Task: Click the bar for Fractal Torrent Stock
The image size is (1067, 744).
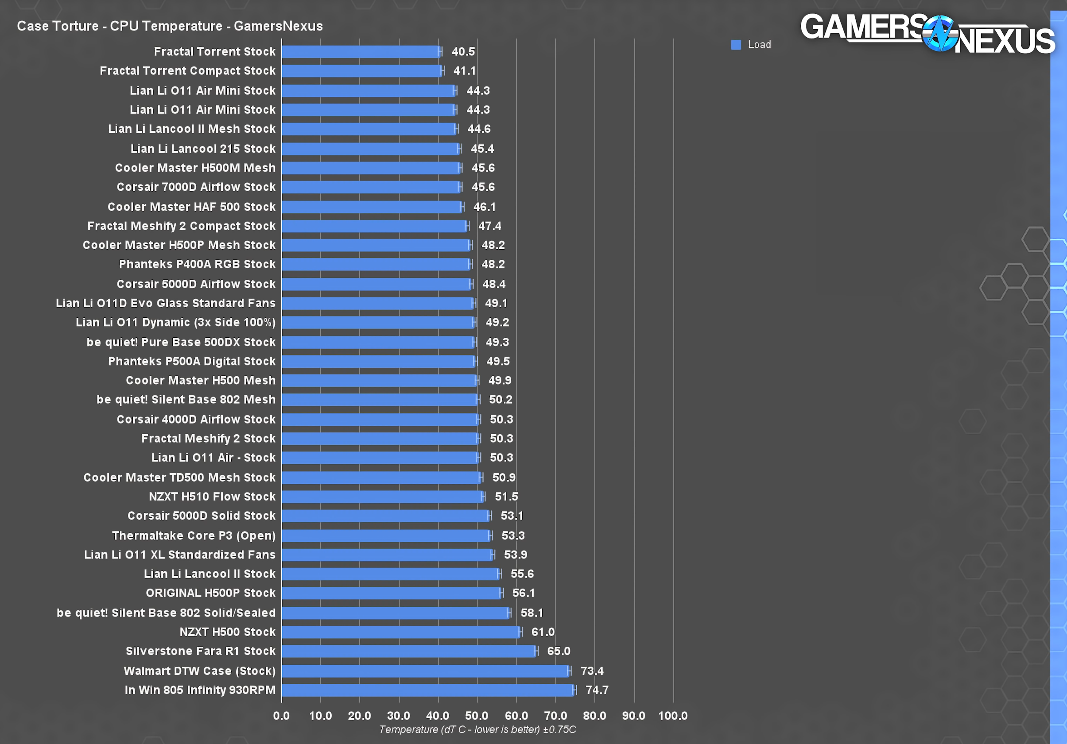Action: click(360, 51)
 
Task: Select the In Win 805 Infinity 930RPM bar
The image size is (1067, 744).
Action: click(427, 690)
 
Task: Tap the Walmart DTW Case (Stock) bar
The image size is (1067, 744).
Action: click(425, 671)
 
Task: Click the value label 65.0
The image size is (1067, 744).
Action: click(558, 651)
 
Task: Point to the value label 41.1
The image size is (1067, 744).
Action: click(464, 71)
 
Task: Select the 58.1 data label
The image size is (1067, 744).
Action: click(532, 613)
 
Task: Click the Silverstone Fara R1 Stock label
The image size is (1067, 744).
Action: click(200, 651)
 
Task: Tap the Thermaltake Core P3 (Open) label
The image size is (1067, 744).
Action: click(194, 536)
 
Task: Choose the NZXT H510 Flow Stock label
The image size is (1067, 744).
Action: click(212, 497)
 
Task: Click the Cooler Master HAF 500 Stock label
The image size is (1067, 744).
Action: click(191, 207)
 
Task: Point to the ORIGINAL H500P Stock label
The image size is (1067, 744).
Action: click(210, 593)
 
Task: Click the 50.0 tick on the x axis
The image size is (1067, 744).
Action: click(477, 716)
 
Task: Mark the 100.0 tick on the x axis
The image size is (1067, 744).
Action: click(672, 716)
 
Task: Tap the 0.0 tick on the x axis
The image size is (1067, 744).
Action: click(281, 716)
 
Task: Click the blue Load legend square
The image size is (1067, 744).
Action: click(736, 45)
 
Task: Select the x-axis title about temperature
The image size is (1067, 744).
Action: click(477, 729)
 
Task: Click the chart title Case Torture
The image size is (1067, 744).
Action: click(170, 26)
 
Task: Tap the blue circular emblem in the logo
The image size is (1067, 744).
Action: click(940, 34)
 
